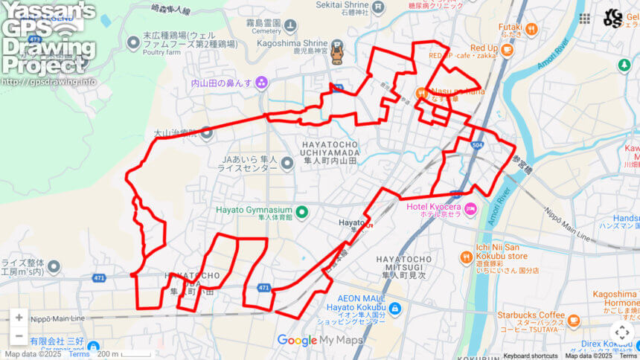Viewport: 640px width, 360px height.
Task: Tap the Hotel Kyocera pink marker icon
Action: [470, 210]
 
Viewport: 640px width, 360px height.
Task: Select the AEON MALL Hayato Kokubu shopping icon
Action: [394, 308]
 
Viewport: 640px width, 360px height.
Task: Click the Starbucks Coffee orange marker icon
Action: [573, 321]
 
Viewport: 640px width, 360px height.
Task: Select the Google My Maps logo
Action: [319, 341]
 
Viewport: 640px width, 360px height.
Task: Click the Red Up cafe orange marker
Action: [507, 51]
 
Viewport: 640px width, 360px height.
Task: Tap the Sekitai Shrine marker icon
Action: [378, 8]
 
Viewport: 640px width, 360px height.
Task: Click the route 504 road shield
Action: [476, 145]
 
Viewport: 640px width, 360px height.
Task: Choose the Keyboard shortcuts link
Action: [530, 356]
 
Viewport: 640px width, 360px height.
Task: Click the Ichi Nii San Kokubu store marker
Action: [467, 257]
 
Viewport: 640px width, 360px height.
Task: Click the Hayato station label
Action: [352, 222]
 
